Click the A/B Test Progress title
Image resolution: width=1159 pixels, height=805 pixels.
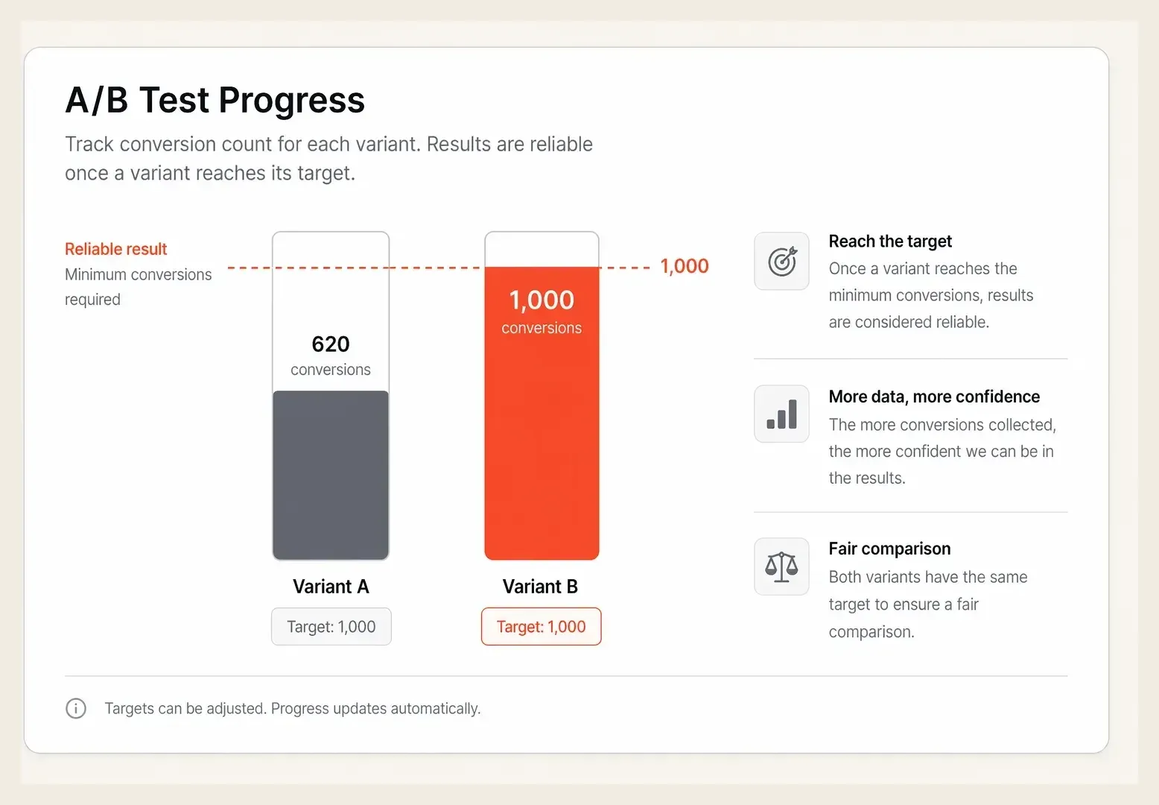pyautogui.click(x=215, y=99)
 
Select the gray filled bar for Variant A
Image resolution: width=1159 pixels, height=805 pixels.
pyautogui.click(x=331, y=475)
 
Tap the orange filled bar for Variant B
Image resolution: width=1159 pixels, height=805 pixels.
pyautogui.click(x=542, y=413)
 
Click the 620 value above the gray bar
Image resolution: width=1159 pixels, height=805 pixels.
pyautogui.click(x=331, y=344)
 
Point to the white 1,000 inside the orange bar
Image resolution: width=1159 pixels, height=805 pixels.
pyautogui.click(x=542, y=300)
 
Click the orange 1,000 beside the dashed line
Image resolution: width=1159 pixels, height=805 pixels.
pyautogui.click(x=685, y=266)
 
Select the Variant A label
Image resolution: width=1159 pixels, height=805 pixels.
pyautogui.click(x=331, y=587)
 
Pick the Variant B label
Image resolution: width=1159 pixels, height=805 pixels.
pyautogui.click(x=540, y=587)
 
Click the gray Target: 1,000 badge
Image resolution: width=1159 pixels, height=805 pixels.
pyautogui.click(x=331, y=626)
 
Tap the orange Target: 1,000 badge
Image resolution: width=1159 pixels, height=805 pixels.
pyautogui.click(x=542, y=626)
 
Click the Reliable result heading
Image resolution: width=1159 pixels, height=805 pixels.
pyautogui.click(x=116, y=249)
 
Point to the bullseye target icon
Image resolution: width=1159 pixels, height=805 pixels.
pyautogui.click(x=782, y=262)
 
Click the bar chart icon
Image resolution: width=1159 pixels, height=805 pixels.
pyautogui.click(x=782, y=414)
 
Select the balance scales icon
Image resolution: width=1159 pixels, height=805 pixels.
pyautogui.click(x=781, y=567)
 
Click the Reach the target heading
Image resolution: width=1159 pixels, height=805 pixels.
pyautogui.click(x=890, y=241)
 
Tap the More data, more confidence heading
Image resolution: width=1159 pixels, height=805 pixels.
pyautogui.click(x=934, y=397)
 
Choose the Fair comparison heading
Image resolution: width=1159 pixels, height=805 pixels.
pyautogui.click(x=889, y=549)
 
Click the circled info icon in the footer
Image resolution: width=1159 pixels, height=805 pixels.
pyautogui.click(x=76, y=708)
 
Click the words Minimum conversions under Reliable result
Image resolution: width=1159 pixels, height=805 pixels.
pyautogui.click(x=138, y=274)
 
